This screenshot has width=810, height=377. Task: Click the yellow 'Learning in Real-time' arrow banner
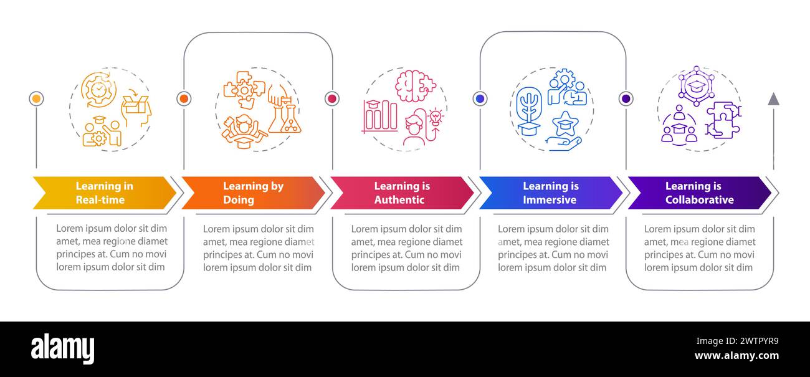point(103,193)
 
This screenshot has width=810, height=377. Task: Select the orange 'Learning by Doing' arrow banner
point(252,193)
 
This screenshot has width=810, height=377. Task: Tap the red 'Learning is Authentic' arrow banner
point(401,193)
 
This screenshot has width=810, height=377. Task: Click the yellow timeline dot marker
point(36,98)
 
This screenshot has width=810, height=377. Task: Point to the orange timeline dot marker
point(183,98)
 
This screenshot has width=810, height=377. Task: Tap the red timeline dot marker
point(331,98)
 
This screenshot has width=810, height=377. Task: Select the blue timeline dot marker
point(479,98)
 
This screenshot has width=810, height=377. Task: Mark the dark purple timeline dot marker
point(626,98)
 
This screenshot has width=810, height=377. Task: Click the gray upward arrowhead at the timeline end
point(773,98)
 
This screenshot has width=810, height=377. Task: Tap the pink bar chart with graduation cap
point(379,116)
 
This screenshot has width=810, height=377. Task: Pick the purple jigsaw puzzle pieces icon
point(723,119)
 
